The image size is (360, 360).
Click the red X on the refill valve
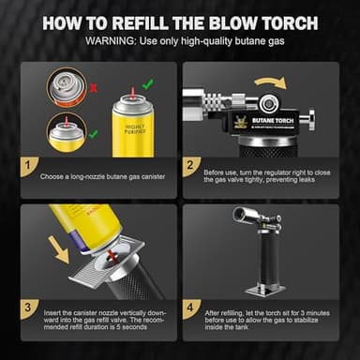(113, 254)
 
